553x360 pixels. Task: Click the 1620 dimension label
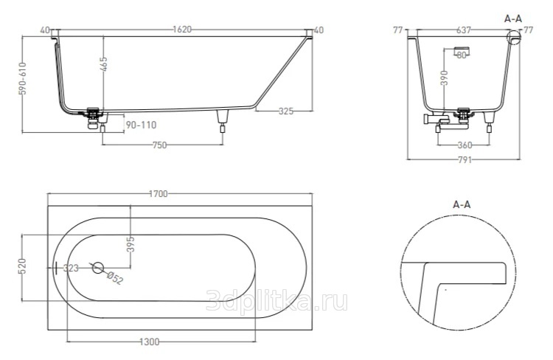[182, 30]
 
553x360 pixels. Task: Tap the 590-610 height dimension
[23, 78]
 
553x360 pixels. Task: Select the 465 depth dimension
[104, 63]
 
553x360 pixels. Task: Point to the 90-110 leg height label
[141, 125]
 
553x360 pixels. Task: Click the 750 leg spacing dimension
[159, 145]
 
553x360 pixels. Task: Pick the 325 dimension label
[285, 111]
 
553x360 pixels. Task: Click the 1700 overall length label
[159, 194]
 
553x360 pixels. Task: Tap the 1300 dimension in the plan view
[150, 342]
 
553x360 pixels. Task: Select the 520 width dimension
[22, 266]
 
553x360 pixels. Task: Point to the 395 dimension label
[131, 244]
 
